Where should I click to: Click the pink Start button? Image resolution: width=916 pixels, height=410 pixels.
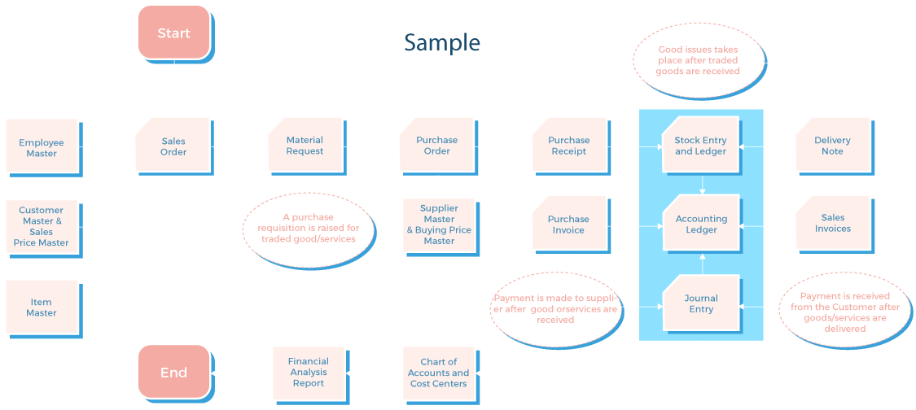(173, 33)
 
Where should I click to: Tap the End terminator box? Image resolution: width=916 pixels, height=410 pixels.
(173, 373)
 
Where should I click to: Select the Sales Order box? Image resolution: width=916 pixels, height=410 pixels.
(173, 146)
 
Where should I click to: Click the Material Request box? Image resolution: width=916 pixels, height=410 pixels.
(305, 146)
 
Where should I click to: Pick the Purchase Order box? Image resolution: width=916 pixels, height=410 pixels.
(436, 146)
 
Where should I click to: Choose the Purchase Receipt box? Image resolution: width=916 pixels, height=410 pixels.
(568, 146)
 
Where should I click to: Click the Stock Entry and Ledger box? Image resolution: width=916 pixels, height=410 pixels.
(700, 146)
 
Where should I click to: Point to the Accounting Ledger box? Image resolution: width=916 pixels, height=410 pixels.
(701, 224)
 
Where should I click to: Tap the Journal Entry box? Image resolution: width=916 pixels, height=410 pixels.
(701, 303)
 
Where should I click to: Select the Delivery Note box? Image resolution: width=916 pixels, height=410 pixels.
(832, 146)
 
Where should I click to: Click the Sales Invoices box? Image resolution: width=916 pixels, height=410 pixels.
(832, 223)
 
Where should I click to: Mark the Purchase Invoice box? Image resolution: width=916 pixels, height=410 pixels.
(568, 224)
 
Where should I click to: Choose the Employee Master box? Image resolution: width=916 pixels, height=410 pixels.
(42, 147)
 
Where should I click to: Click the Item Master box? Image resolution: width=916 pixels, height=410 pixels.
(42, 307)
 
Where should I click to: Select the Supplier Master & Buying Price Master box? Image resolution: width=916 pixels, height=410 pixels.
(439, 225)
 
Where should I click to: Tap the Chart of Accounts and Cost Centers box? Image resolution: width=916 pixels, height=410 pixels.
(439, 373)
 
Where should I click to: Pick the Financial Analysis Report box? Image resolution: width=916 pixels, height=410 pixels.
(309, 372)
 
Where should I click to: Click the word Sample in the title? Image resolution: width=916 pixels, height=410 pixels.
(442, 42)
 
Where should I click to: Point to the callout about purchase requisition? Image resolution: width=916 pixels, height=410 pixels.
(309, 229)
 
